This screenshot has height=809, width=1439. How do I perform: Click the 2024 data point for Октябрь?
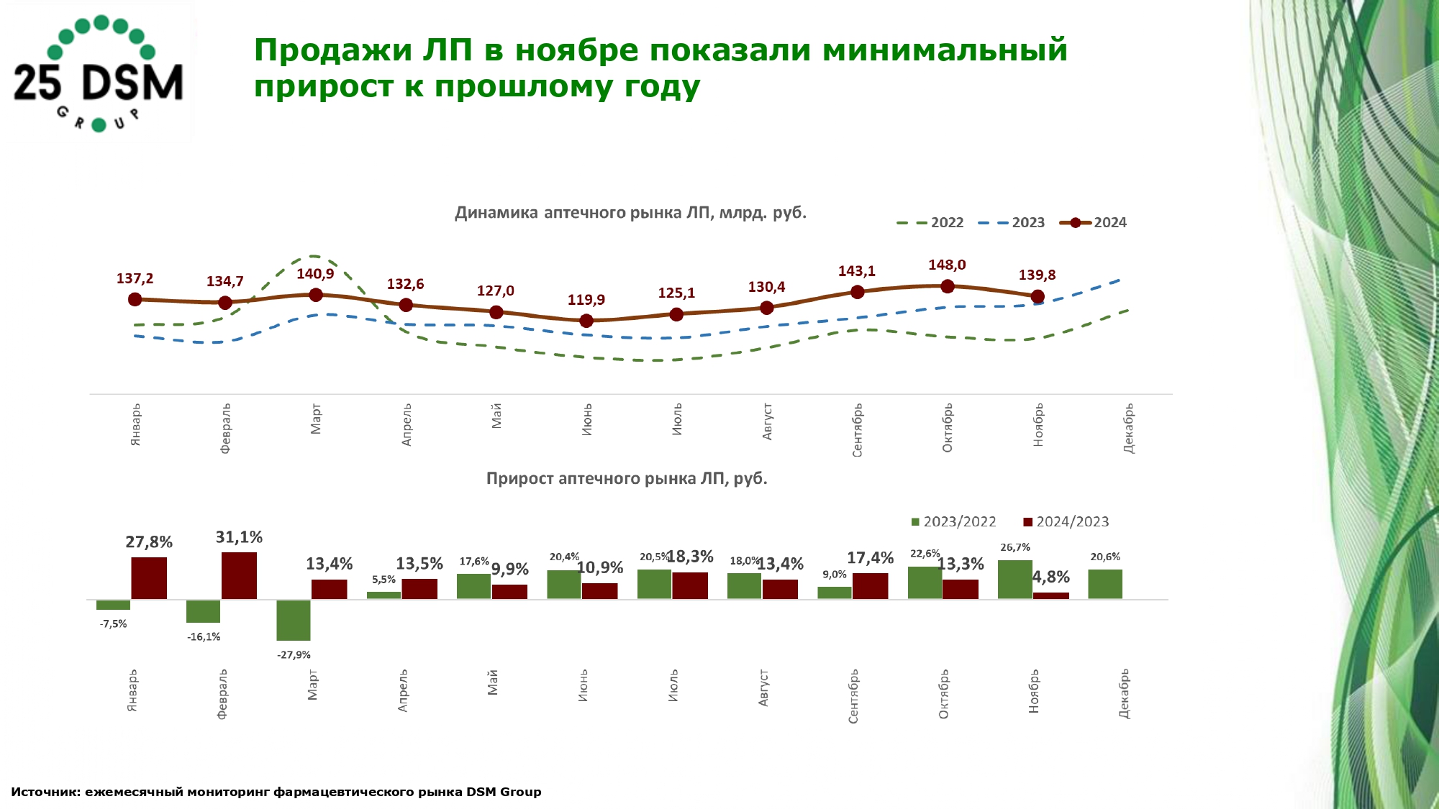point(947,286)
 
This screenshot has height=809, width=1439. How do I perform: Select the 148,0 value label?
point(947,265)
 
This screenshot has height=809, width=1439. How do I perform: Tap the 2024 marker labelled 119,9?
point(586,321)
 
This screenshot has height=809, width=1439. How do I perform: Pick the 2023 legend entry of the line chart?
point(1012,223)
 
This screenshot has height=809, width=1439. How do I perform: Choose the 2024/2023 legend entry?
point(1066,522)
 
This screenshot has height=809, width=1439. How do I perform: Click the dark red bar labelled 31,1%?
point(239,575)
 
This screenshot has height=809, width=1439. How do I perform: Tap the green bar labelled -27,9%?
point(294,620)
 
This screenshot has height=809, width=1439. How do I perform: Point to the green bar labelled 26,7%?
point(1014,580)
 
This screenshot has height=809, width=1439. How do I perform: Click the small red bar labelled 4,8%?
point(1050,595)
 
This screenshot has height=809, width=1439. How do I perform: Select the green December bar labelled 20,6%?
point(1104,584)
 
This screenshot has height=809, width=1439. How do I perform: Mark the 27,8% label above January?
point(149,542)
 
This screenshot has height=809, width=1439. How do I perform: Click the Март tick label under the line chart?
point(316,419)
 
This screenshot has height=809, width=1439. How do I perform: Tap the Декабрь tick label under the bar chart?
point(1124,694)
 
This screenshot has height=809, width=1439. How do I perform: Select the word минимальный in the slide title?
point(945,50)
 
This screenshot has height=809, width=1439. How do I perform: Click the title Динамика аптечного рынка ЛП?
point(630,213)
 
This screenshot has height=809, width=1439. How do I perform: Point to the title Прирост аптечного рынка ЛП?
point(627,479)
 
